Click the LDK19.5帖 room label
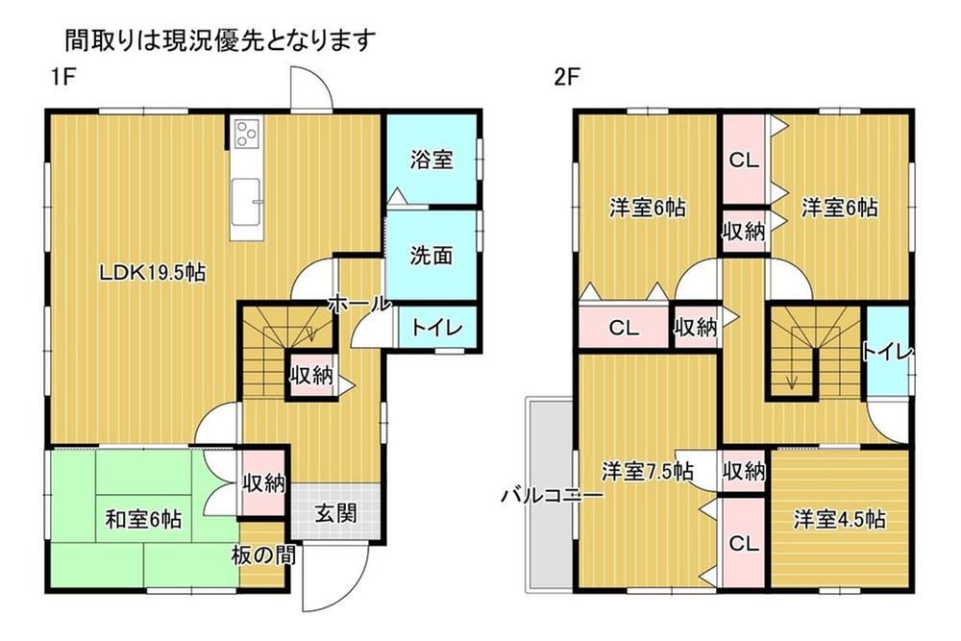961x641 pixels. coord(153,272)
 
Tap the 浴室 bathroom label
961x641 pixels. coord(432,160)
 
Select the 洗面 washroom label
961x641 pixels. coord(431,256)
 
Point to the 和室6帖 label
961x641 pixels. coord(143,520)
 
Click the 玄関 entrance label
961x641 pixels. coord(335,513)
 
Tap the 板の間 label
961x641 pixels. coord(263,555)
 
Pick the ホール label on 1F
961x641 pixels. coord(358,303)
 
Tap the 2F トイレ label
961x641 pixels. coord(888,353)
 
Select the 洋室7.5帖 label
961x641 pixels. coord(647,471)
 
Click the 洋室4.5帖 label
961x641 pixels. coord(839,520)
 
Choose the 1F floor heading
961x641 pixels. coord(62,77)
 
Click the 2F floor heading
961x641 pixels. coord(567,77)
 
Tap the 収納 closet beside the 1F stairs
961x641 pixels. coord(312,375)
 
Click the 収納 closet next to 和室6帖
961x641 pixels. coord(263,483)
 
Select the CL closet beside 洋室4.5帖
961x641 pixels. coord(744,543)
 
